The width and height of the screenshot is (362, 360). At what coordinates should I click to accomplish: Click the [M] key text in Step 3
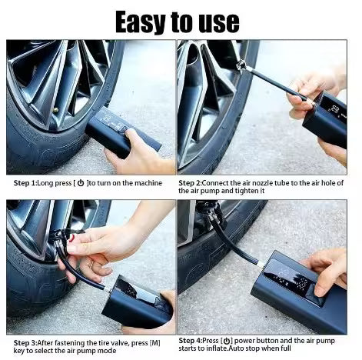tap(154, 341)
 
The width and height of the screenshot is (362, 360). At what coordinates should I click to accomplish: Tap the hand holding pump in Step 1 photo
tap(138, 154)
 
